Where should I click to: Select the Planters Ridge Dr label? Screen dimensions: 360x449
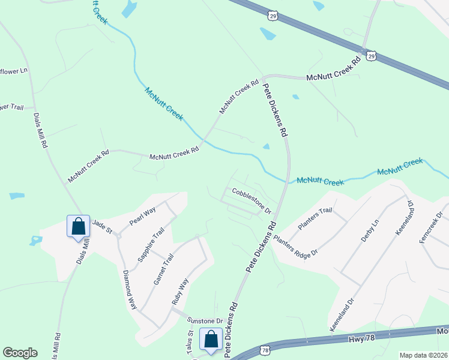(x=295, y=245)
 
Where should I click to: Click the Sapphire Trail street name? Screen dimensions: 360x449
(x=151, y=247)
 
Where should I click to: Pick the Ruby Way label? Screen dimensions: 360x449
(x=180, y=291)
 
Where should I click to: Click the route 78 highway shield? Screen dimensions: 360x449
(x=265, y=349)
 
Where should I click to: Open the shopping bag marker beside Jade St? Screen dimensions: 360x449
(x=78, y=227)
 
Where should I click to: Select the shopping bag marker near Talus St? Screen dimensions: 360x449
(x=211, y=340)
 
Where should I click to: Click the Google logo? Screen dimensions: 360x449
(x=20, y=353)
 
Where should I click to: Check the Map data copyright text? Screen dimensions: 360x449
(x=423, y=355)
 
